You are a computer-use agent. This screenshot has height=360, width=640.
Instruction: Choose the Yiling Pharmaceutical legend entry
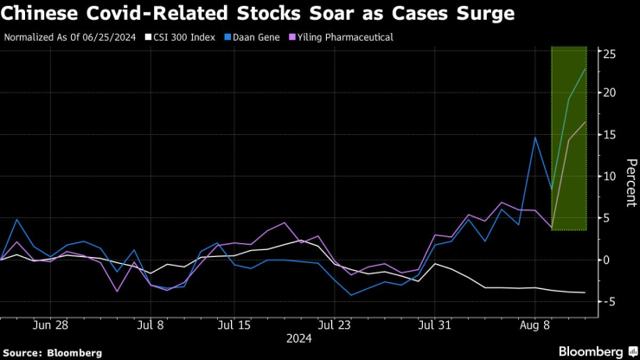point(343,37)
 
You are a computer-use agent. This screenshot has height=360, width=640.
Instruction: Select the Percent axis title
point(631,183)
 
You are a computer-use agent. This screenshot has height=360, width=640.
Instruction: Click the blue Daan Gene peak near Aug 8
point(535,138)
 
